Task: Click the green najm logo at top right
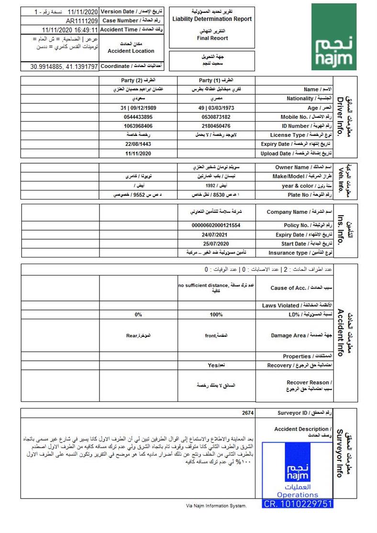[x=334, y=37]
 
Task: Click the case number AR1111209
[x=82, y=21]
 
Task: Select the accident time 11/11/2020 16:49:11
[x=70, y=30]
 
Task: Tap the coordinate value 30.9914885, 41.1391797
[x=64, y=67]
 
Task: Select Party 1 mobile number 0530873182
[x=216, y=117]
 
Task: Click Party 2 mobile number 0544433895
[x=138, y=117]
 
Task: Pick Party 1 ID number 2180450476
[x=216, y=126]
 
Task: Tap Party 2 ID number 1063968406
[x=138, y=126]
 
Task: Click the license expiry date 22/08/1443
[x=138, y=144]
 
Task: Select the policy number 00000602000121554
[x=216, y=225]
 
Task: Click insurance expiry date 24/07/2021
[x=216, y=234]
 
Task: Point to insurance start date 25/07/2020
[x=216, y=244]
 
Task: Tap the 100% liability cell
[x=216, y=315]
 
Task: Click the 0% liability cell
[x=138, y=315]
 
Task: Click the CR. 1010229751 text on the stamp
[x=298, y=504]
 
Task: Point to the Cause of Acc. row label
[x=292, y=288]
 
